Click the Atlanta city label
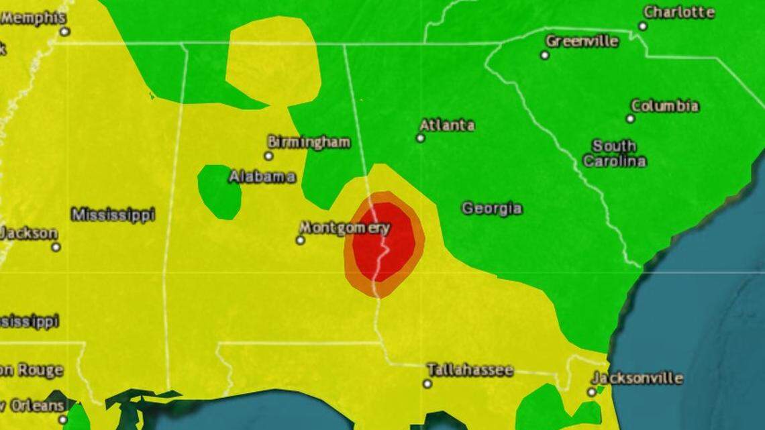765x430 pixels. pos(446,125)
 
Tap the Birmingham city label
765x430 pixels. pos(308,142)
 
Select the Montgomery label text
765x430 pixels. pos(344,227)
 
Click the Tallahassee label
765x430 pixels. pos(470,370)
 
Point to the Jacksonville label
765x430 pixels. pos(637,378)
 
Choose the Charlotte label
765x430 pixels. pos(678,12)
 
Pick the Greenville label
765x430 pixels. pos(582,41)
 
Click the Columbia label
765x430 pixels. pos(664,106)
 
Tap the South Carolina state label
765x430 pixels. pos(614,154)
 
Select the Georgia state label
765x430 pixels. pos(491,209)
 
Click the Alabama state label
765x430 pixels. pos(262,177)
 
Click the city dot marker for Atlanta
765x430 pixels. pos(420,138)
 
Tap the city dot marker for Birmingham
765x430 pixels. pos(268,156)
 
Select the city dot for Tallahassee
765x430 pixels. pos(427,384)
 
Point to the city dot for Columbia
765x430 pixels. pos(630,119)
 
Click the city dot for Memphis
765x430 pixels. pos(64,32)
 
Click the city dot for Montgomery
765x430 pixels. pos(300,240)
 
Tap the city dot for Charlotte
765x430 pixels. pos(642,26)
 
